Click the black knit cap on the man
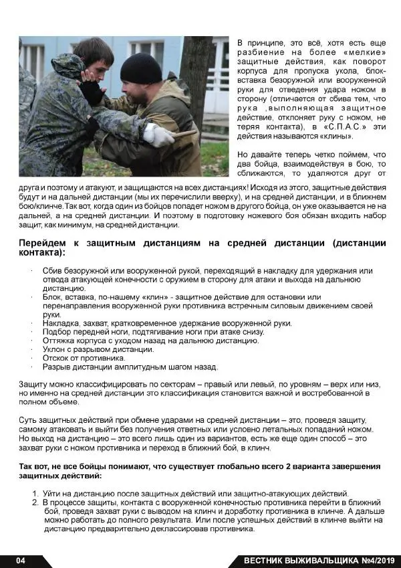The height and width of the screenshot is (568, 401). click(x=142, y=66)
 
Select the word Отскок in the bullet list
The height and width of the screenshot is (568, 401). click(x=57, y=358)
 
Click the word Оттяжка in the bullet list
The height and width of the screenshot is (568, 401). click(x=60, y=341)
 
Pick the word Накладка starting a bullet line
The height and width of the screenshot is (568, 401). click(x=61, y=323)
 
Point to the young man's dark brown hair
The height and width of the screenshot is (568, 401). click(x=94, y=48)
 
